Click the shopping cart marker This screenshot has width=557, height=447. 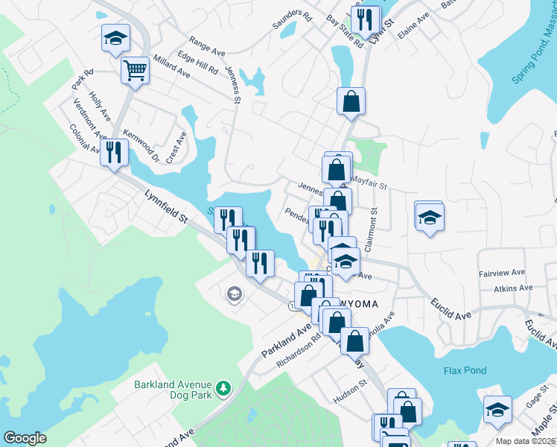tap(136, 72)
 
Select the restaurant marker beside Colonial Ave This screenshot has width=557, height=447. tap(114, 153)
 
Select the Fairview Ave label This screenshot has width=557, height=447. tap(503, 273)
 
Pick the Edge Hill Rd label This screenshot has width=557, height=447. tap(197, 63)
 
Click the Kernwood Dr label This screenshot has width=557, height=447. tap(141, 145)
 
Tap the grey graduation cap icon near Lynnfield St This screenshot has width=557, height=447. tap(234, 294)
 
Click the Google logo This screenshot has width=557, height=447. tap(25, 438)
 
